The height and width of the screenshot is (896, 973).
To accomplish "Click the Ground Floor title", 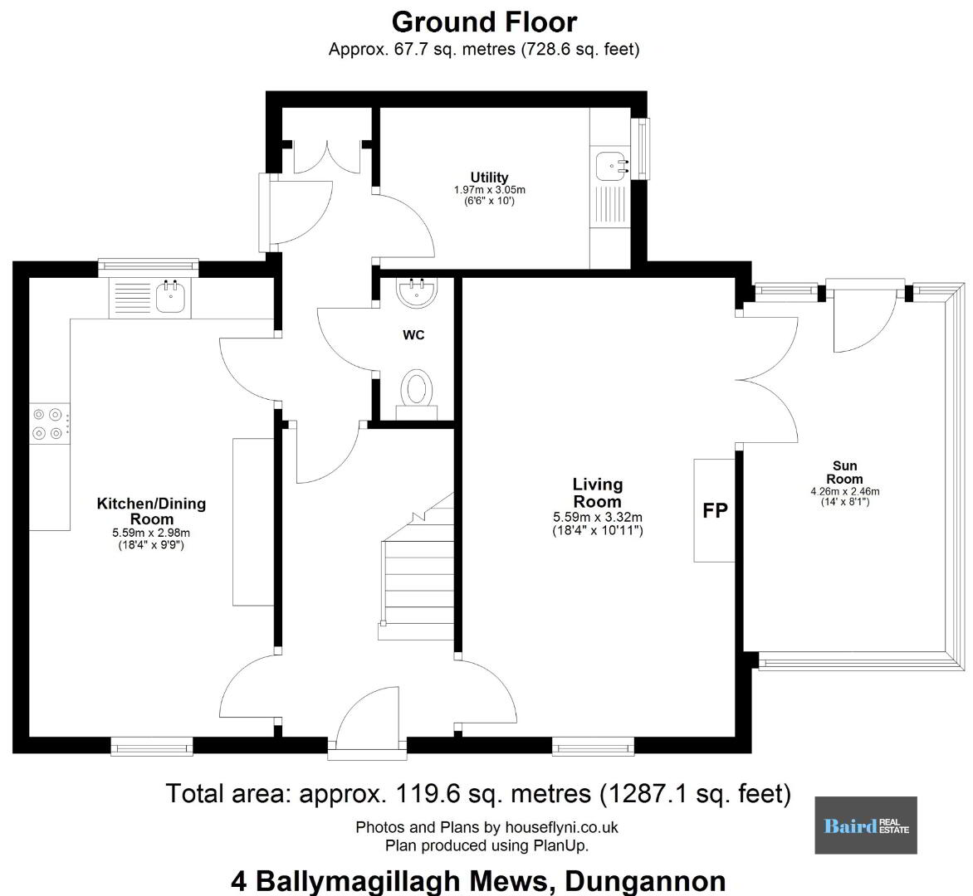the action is click(484, 22).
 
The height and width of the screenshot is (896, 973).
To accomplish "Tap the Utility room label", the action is click(489, 178).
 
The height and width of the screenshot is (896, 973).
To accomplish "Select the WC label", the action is click(413, 335).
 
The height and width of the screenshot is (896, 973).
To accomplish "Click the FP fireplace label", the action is click(715, 509).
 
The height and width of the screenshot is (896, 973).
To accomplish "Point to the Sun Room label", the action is click(844, 472).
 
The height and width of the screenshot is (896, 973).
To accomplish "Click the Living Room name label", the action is click(597, 493).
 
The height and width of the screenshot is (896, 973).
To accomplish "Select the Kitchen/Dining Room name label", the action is click(151, 511).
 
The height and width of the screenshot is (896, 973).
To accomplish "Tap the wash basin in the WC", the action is click(417, 292).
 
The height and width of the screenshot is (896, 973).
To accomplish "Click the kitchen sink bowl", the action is click(170, 298).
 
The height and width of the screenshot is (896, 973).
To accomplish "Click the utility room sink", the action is click(612, 166).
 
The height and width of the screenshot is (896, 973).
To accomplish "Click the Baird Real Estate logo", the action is click(866, 825).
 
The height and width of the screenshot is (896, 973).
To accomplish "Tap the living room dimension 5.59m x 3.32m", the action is click(598, 517).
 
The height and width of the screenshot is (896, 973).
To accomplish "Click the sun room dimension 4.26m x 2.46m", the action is click(844, 492).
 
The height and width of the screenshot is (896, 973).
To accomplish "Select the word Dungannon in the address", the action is click(645, 880).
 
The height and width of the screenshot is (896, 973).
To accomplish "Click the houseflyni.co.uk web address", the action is click(561, 826).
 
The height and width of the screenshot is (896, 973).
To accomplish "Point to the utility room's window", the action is click(641, 149).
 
